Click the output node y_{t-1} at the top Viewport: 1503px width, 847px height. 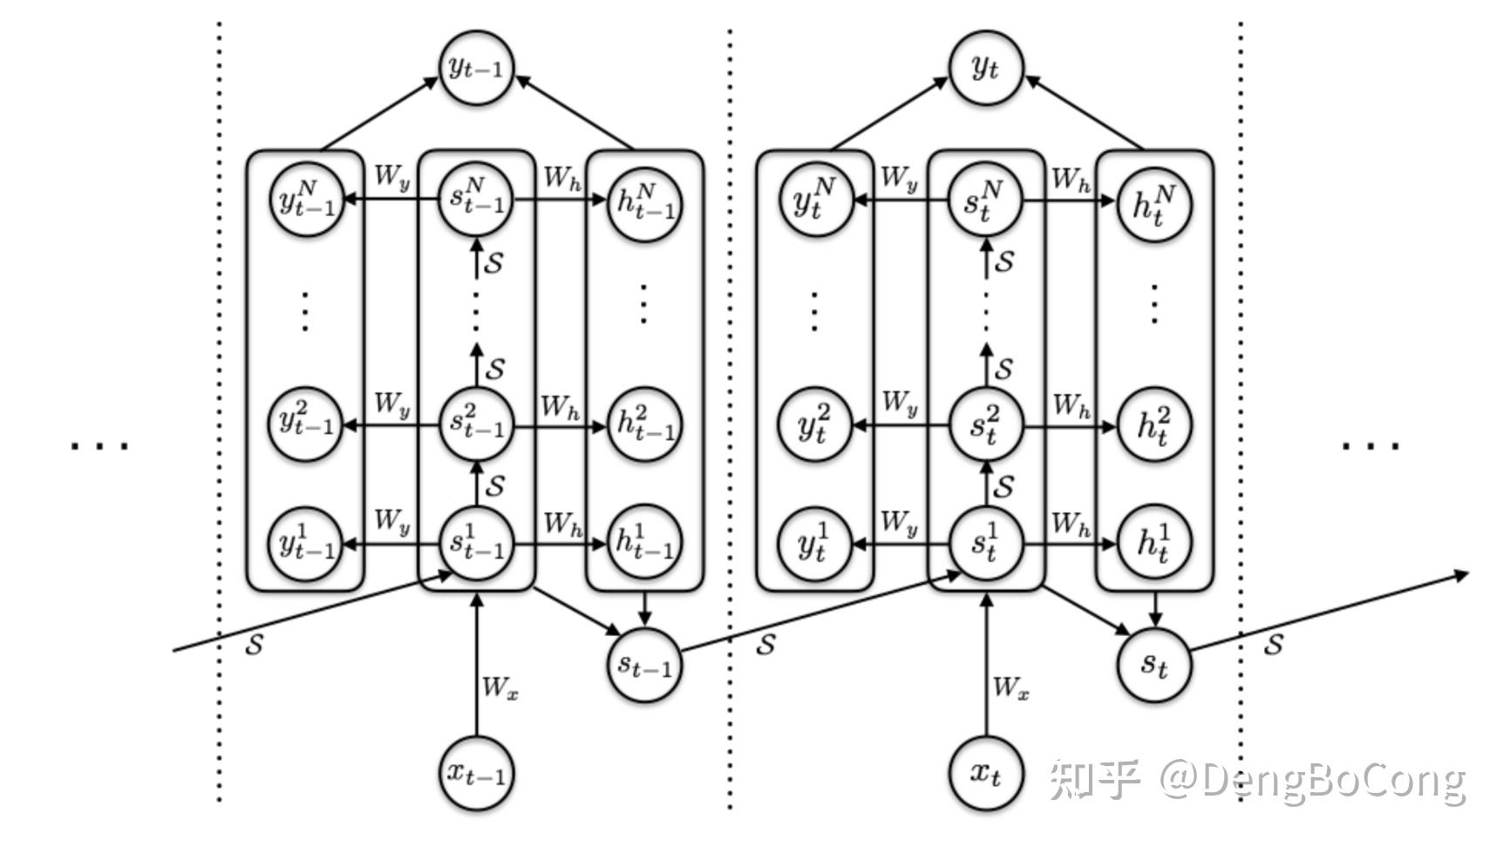tap(475, 67)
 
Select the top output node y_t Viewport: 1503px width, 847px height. tap(985, 67)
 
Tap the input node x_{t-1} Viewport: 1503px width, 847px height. tap(475, 772)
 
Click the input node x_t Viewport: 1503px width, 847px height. tap(985, 772)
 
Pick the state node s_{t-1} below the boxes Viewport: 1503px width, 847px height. tap(643, 665)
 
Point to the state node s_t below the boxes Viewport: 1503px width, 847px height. tap(1153, 665)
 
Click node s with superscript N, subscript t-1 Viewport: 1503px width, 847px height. tap(475, 200)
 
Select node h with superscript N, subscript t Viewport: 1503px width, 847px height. tap(1153, 203)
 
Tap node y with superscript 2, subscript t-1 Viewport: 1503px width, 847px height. tap(305, 424)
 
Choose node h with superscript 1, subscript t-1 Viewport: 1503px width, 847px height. tap(643, 544)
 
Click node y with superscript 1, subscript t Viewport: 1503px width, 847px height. tap(813, 544)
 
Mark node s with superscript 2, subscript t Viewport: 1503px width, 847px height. tap(985, 425)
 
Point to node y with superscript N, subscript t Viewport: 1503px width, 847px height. tap(813, 201)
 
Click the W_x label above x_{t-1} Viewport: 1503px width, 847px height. tap(500, 688)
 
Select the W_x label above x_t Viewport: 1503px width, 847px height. tap(1010, 688)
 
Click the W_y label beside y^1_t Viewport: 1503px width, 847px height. tap(899, 523)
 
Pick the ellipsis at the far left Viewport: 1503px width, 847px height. tap(99, 446)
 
